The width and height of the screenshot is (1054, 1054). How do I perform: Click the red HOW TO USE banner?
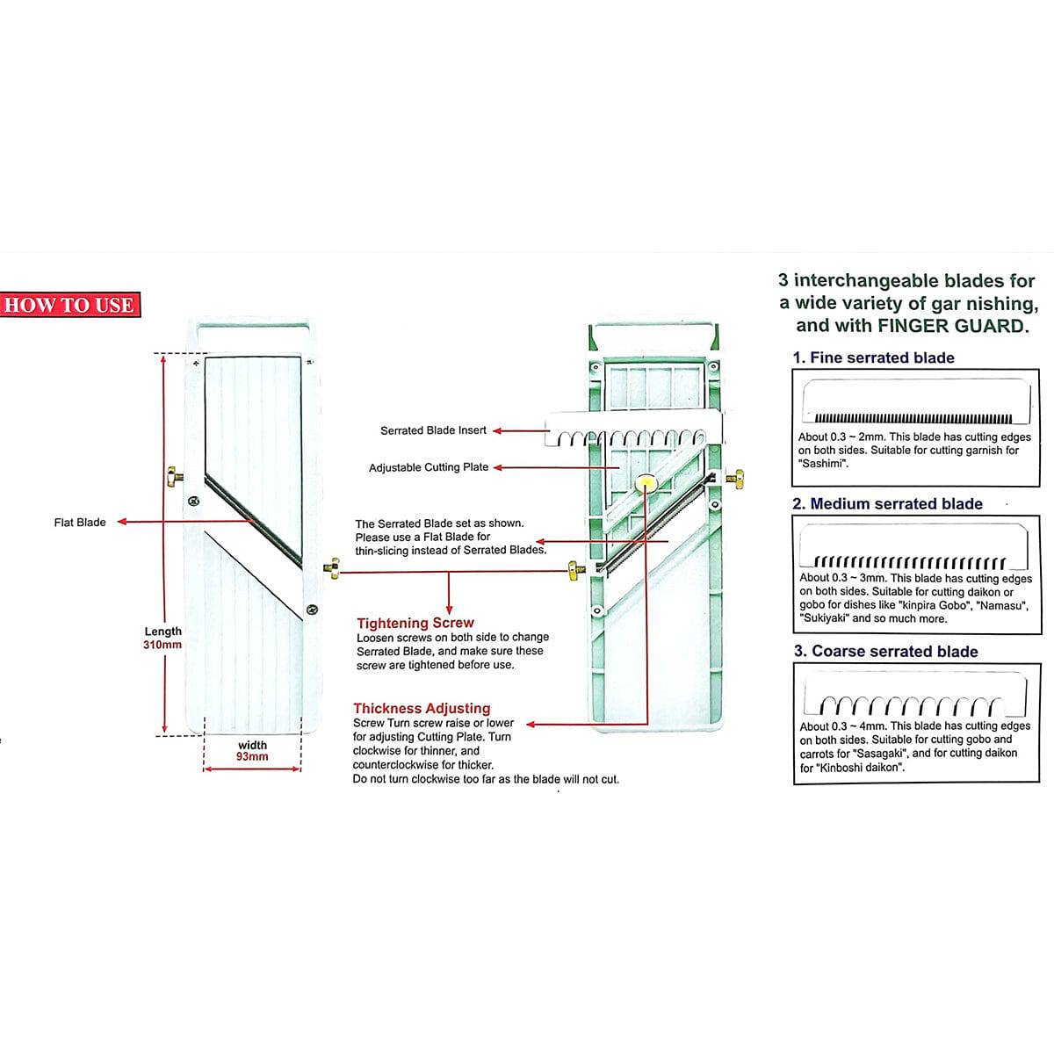pyautogui.click(x=69, y=305)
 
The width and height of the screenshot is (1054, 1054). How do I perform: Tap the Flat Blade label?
pyautogui.click(x=79, y=523)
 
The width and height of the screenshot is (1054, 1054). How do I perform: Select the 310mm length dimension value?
pyautogui.click(x=162, y=645)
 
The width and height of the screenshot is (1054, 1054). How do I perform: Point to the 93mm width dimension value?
pyautogui.click(x=252, y=756)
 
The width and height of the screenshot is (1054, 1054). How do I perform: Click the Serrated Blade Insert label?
pyautogui.click(x=433, y=430)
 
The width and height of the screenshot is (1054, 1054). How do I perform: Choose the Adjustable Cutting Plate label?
pyautogui.click(x=428, y=467)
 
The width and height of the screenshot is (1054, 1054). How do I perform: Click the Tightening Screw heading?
pyautogui.click(x=415, y=623)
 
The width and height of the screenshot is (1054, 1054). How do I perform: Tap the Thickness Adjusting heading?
pyautogui.click(x=422, y=708)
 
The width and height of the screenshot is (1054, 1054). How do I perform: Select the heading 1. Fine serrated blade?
pyautogui.click(x=873, y=357)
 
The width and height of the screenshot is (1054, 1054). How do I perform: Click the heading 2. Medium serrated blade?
pyautogui.click(x=887, y=504)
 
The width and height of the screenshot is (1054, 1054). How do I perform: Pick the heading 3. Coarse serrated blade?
pyautogui.click(x=885, y=651)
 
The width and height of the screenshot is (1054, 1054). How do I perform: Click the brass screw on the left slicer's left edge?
pyautogui.click(x=175, y=478)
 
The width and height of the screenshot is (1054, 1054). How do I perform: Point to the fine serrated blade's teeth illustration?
pyautogui.click(x=913, y=418)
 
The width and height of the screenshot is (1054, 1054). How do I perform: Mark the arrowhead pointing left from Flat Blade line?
pyautogui.click(x=122, y=523)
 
